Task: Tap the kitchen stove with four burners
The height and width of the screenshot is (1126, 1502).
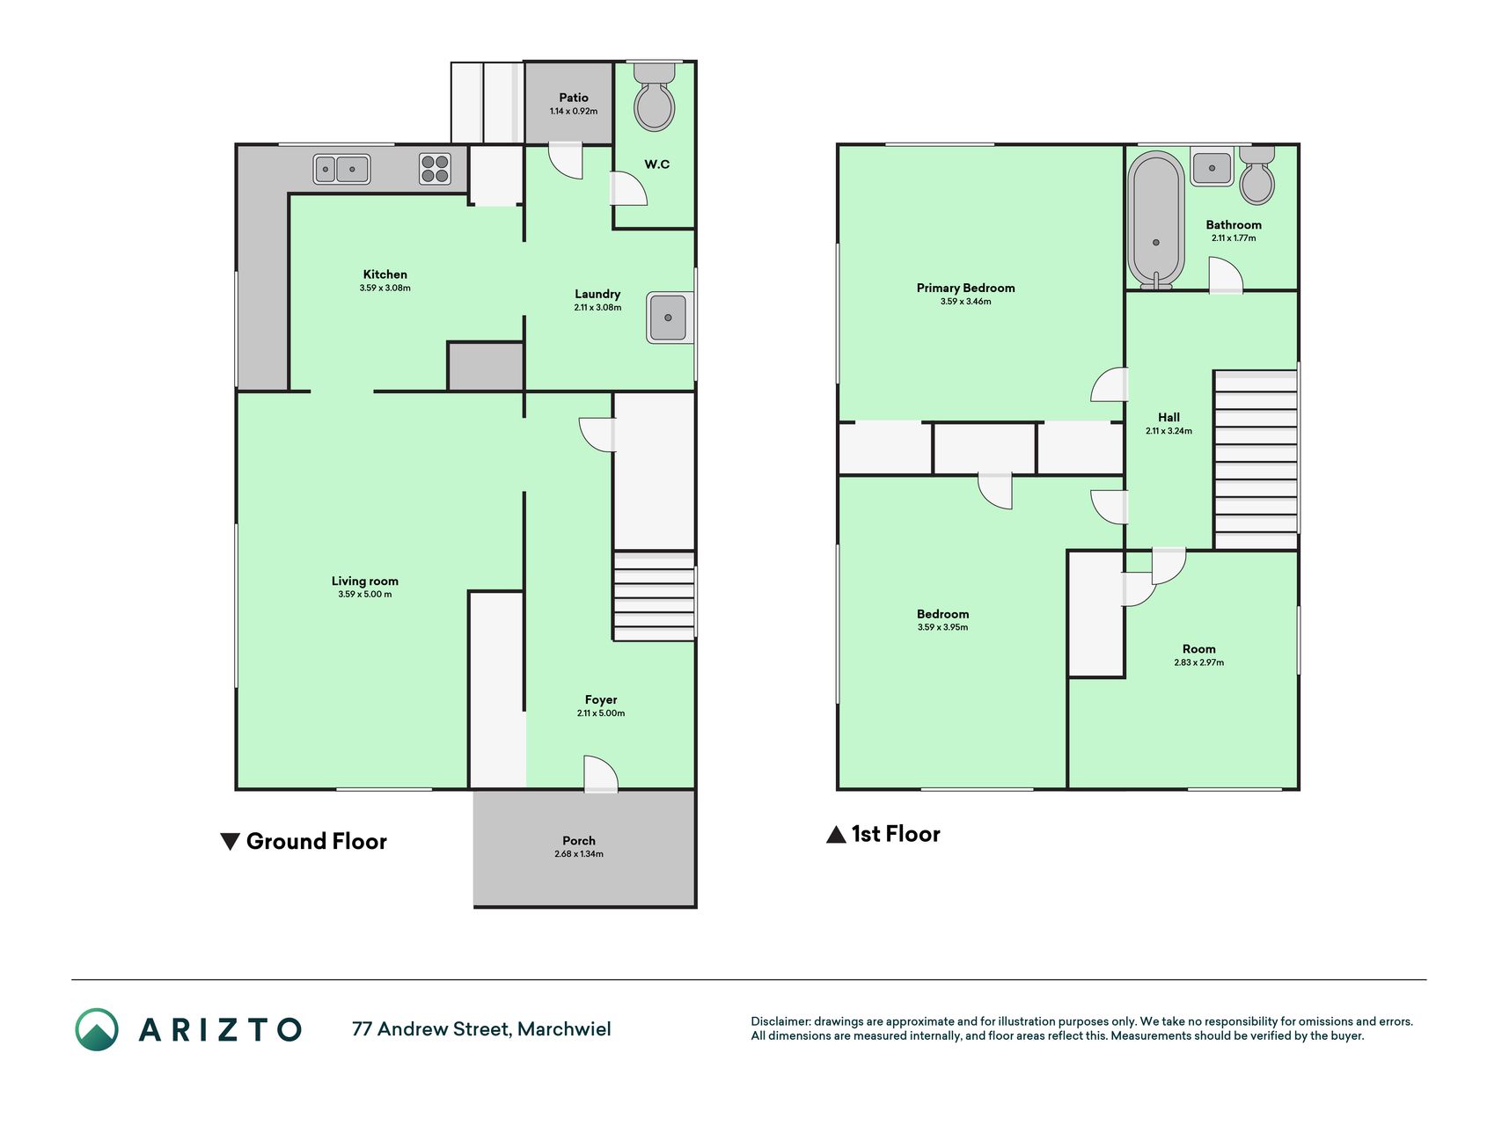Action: point(435,168)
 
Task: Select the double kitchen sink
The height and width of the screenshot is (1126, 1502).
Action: point(341,169)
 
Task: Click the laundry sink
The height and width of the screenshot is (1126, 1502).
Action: point(670,318)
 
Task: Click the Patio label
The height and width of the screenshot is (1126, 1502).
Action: point(574,98)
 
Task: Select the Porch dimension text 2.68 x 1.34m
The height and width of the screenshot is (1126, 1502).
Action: point(579,854)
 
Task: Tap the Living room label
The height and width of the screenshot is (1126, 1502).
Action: point(365,581)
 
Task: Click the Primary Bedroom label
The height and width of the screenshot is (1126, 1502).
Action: point(965,288)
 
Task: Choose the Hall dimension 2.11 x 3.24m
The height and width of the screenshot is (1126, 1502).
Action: point(1169,431)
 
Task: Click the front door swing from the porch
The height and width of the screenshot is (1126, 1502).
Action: point(601,773)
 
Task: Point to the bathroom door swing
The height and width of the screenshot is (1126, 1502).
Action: point(1225,274)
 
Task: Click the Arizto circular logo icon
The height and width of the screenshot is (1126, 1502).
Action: point(97,1029)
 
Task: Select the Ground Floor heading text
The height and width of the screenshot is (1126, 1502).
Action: point(317,841)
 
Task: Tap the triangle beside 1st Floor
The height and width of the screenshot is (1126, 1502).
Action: point(836,834)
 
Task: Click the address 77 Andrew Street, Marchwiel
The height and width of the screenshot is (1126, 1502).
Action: point(481,1029)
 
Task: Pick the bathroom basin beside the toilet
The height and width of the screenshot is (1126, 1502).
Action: point(1212,166)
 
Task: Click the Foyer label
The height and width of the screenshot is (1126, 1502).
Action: point(601,700)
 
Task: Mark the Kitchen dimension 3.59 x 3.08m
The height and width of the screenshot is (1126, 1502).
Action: point(385,288)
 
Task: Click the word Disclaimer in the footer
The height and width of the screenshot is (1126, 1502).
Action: point(780,1021)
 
